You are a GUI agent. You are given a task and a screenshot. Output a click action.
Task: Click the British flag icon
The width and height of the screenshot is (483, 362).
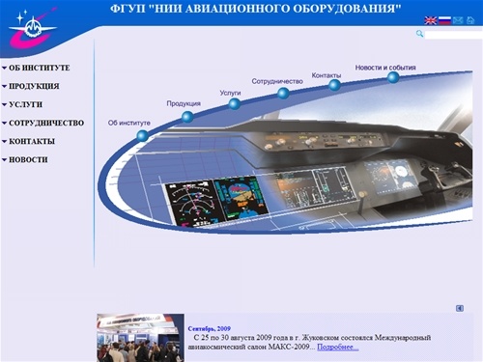[430, 20]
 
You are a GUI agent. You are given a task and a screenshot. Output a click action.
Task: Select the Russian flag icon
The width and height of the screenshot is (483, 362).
[444, 20]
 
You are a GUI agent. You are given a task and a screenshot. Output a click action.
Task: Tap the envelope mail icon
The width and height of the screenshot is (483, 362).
[458, 20]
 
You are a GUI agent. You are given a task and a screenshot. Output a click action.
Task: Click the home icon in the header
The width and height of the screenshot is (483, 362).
[471, 20]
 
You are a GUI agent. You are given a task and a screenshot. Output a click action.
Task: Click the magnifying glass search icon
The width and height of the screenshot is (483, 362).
[420, 34]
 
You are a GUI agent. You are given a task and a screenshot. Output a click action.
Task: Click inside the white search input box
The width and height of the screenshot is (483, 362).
[453, 34]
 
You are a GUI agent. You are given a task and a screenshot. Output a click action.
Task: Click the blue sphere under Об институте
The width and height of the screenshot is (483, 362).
[143, 136]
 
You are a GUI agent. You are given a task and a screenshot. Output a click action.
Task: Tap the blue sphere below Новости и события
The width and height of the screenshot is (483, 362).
[393, 77]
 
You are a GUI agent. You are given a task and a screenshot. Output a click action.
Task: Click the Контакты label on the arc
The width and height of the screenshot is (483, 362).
[327, 75]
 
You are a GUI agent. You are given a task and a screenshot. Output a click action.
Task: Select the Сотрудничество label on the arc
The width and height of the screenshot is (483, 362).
[277, 82]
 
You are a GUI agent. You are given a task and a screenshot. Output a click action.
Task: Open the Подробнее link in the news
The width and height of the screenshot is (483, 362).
[338, 347]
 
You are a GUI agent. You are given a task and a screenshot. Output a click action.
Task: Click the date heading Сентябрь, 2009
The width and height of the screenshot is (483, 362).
[210, 329]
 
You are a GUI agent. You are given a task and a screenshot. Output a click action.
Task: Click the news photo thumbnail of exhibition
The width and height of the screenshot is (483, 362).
[140, 338]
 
